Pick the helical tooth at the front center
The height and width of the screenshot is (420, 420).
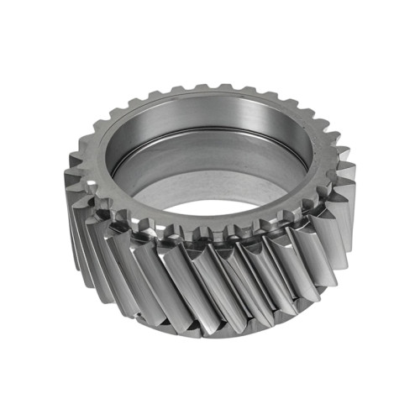pos(210,286)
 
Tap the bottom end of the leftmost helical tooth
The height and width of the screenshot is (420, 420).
pos(84,252)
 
